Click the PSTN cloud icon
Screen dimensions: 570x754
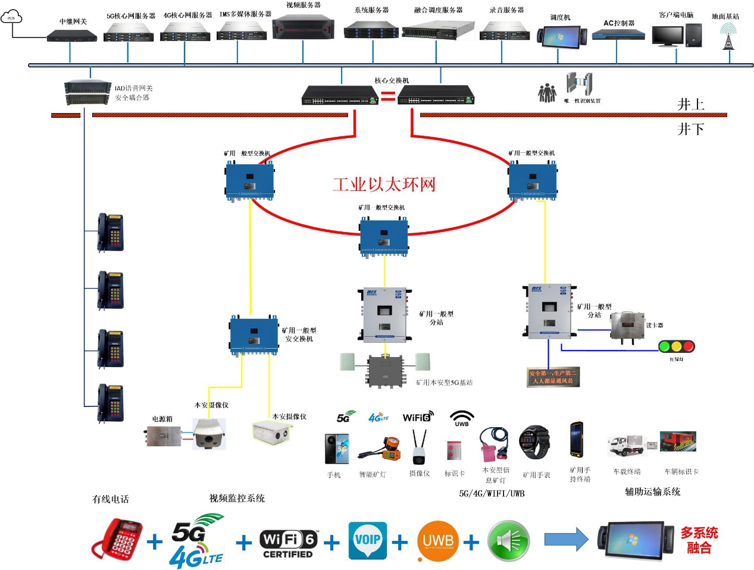click(11, 17)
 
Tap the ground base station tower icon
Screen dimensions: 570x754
click(727, 37)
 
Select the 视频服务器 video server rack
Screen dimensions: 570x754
click(303, 27)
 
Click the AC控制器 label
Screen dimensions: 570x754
click(619, 23)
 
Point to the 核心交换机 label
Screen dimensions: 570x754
click(392, 80)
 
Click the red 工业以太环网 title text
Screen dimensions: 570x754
click(384, 184)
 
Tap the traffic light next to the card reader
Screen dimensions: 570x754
click(677, 346)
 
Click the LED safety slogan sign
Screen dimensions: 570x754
click(553, 377)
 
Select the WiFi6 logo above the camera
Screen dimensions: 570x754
click(418, 416)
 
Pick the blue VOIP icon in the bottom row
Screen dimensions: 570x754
click(368, 540)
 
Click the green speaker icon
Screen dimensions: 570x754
click(508, 541)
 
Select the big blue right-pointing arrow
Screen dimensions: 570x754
click(566, 539)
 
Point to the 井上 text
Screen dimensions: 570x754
click(690, 105)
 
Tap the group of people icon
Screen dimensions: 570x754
click(547, 93)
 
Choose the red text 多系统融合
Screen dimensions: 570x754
click(699, 540)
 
